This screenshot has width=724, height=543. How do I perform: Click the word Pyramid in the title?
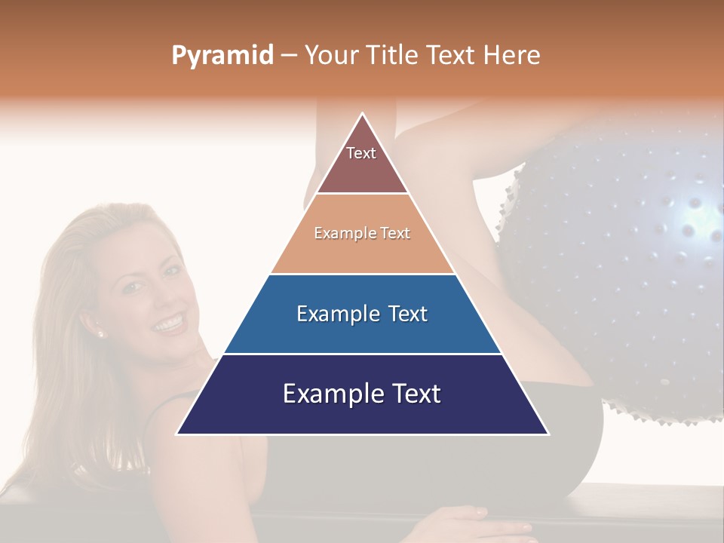click(x=222, y=56)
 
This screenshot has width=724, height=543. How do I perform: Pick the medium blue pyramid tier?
click(x=362, y=314)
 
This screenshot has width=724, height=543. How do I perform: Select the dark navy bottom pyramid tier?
click(x=362, y=394)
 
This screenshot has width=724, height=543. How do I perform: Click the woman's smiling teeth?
click(x=168, y=324)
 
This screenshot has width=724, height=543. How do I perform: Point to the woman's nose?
click(x=156, y=299)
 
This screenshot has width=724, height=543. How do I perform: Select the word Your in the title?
click(x=330, y=55)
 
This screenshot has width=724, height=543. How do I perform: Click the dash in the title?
click(x=289, y=56)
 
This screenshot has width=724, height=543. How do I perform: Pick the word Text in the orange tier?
click(x=395, y=234)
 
